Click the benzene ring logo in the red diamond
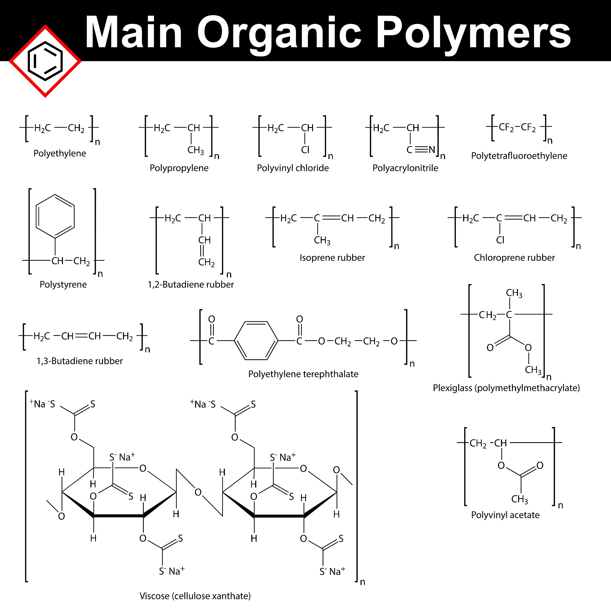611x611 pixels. click(45, 61)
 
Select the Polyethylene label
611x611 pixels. click(60, 153)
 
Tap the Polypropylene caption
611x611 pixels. click(179, 168)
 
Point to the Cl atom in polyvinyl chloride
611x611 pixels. click(305, 150)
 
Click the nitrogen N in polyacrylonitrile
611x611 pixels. click(432, 149)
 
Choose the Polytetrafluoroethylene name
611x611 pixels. click(519, 156)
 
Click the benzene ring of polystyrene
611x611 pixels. click(55, 216)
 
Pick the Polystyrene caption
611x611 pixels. click(63, 285)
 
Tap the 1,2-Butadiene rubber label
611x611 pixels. click(191, 285)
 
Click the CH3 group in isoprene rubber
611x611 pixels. click(322, 241)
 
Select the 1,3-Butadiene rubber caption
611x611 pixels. click(80, 361)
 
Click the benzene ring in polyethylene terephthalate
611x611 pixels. click(256, 341)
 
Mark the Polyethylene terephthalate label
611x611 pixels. click(303, 374)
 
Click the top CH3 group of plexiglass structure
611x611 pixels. click(514, 293)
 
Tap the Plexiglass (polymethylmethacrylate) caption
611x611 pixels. click(506, 388)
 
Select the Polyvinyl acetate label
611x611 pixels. click(505, 515)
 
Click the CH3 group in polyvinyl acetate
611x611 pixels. click(520, 499)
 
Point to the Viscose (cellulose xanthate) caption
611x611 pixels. click(195, 596)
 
